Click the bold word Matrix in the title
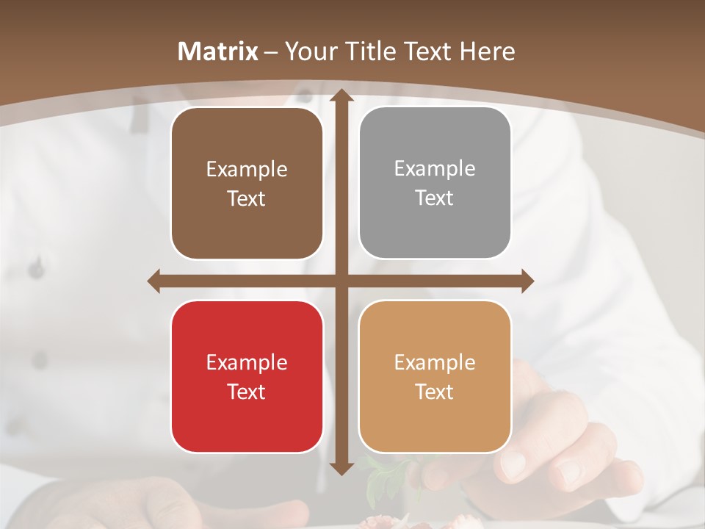click(x=218, y=51)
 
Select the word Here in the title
click(x=487, y=51)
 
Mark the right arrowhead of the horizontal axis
click(x=527, y=281)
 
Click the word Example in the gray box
click(x=435, y=169)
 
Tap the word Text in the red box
click(x=247, y=392)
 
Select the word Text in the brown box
click(x=247, y=199)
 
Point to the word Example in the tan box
click(x=435, y=362)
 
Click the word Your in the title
click(x=309, y=51)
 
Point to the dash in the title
click(x=271, y=52)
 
